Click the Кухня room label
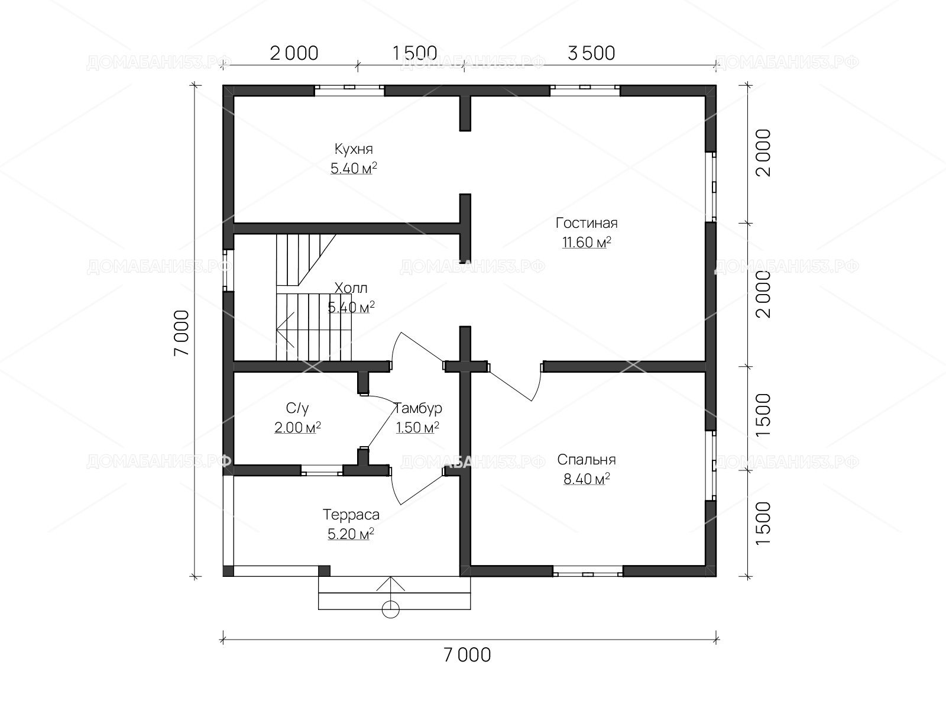[354, 149]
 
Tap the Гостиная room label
[586, 223]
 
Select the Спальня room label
[586, 460]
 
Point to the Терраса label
[351, 515]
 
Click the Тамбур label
[417, 408]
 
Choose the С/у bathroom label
[297, 408]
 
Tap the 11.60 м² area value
[587, 242]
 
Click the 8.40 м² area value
[587, 479]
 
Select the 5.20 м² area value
[351, 534]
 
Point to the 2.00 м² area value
[297, 427]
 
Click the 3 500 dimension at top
[591, 53]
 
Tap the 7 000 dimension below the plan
[467, 655]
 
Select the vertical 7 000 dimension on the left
[182, 333]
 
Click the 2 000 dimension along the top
[294, 53]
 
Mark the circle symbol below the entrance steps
[390, 609]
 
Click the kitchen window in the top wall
[349, 90]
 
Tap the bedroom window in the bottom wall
[588, 572]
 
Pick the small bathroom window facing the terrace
[322, 470]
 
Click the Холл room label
[351, 288]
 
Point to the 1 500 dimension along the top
[414, 53]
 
